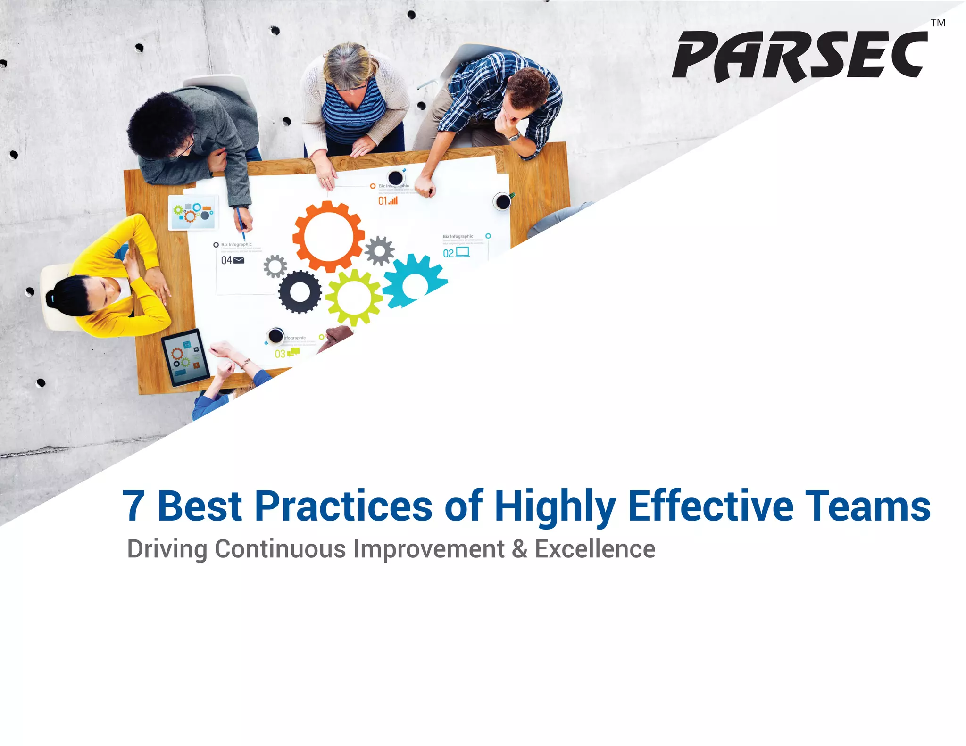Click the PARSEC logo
(x=799, y=56)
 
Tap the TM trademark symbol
(x=938, y=23)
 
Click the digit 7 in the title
(x=133, y=506)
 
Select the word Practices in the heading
(x=343, y=506)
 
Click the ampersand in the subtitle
(x=519, y=549)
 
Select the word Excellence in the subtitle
(x=595, y=549)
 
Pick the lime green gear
(x=354, y=298)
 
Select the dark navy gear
(x=300, y=292)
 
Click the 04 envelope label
(x=233, y=260)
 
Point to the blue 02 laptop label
(x=456, y=253)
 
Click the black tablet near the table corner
(x=185, y=357)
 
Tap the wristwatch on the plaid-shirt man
(x=514, y=137)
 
